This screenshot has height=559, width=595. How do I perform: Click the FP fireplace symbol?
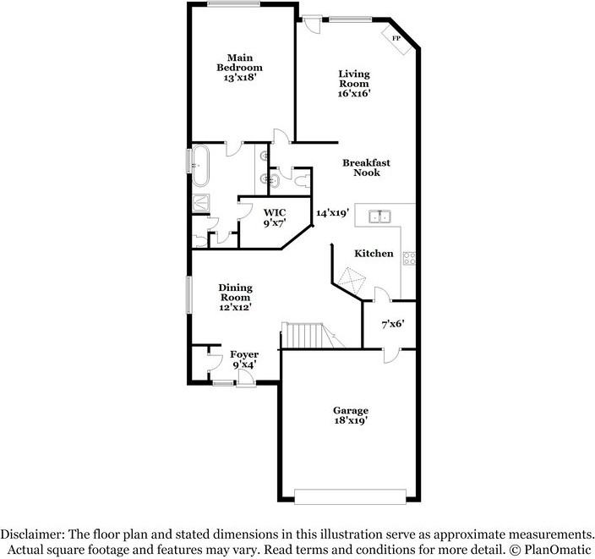pos(396,39)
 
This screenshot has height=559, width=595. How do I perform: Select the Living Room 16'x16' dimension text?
pos(354,93)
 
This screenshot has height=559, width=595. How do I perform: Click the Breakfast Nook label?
pos(366,167)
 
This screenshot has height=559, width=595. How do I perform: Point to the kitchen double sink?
pos(379,216)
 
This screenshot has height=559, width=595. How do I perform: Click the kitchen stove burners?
pos(409,258)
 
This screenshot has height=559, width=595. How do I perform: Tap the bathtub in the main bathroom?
pos(200,165)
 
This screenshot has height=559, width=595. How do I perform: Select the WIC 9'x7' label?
pos(275,217)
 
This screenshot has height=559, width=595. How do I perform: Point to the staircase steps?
pos(305,335)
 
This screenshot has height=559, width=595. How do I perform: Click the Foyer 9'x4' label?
pos(244,359)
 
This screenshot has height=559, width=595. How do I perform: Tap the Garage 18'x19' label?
pos(351,415)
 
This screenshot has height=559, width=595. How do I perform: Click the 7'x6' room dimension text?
pos(393,324)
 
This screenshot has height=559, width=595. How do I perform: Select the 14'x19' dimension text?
pos(332,212)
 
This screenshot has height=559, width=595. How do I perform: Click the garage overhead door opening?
pos(350,496)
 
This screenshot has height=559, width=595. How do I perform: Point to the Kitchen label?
pos(374,254)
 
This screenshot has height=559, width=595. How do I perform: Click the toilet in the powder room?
pos(302,181)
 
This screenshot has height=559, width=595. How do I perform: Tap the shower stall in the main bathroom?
pos(201,202)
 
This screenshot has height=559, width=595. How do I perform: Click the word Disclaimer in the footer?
pos(32,534)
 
